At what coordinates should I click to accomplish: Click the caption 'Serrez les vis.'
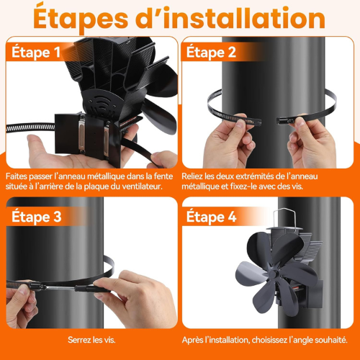point(89,340)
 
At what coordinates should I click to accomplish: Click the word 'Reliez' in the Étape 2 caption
point(197,175)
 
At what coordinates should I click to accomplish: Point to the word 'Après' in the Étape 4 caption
point(196,340)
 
